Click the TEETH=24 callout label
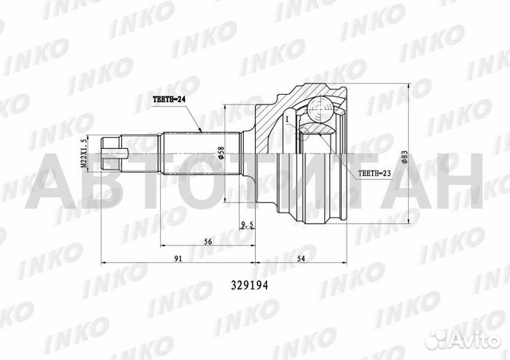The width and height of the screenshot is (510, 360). (170, 100)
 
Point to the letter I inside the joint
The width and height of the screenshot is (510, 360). (285, 119)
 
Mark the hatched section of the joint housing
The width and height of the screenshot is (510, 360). (267, 119)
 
